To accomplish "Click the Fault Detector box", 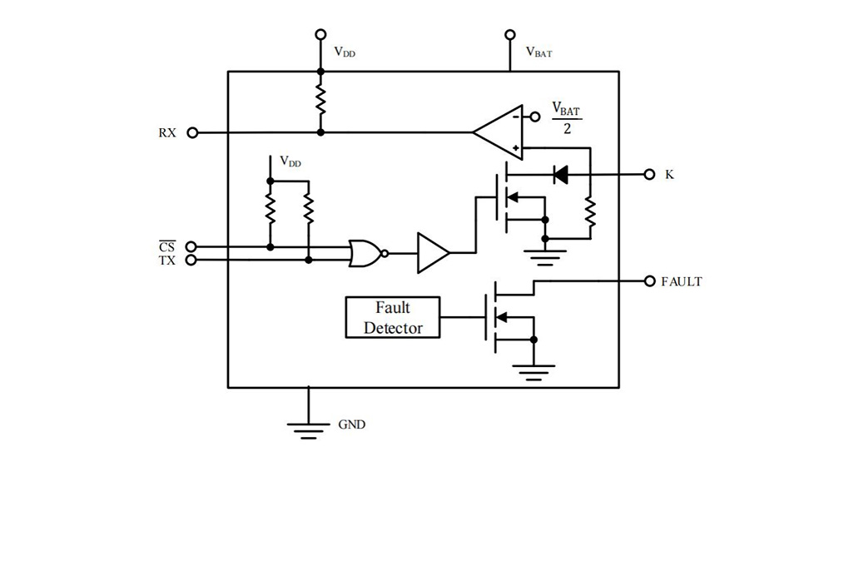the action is click(393, 317).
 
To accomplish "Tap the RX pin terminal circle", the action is click(192, 132).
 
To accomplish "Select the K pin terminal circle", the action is click(650, 175).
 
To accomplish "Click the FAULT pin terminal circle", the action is click(650, 281).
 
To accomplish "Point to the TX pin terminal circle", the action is click(191, 261).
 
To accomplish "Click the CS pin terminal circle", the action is click(191, 247).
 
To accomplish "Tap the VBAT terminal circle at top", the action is click(509, 35).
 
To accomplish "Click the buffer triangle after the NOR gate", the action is click(433, 253).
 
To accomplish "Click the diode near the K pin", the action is click(560, 175).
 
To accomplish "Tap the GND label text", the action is click(352, 424).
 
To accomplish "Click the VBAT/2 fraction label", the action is click(566, 119).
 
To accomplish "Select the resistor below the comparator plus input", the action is click(590, 212).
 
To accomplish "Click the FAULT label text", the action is click(682, 281).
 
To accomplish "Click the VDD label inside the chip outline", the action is click(290, 161).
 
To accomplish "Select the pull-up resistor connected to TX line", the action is click(308, 209).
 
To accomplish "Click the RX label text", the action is click(167, 133).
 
